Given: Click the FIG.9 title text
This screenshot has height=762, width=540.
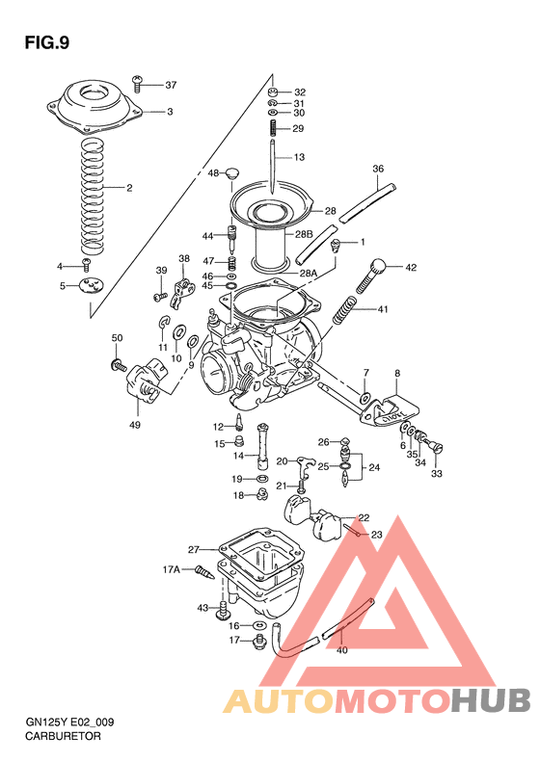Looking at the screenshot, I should tap(46, 42).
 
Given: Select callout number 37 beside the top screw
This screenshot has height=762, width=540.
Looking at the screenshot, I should tap(172, 85).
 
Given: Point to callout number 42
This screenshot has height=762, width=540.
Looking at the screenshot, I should tap(411, 268).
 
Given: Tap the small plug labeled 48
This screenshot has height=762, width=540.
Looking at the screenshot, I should tap(230, 173).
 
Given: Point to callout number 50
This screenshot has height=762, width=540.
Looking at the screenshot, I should tap(117, 338).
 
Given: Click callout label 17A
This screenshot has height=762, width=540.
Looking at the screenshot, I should tap(171, 569).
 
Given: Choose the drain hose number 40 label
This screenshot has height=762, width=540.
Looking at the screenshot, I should tap(340, 650).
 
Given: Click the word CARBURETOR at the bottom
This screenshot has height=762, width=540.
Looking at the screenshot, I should tap(60, 735).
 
